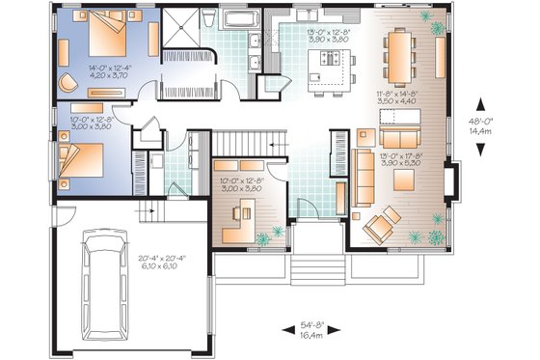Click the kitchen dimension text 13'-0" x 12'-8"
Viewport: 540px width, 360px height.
click(x=325, y=36)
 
